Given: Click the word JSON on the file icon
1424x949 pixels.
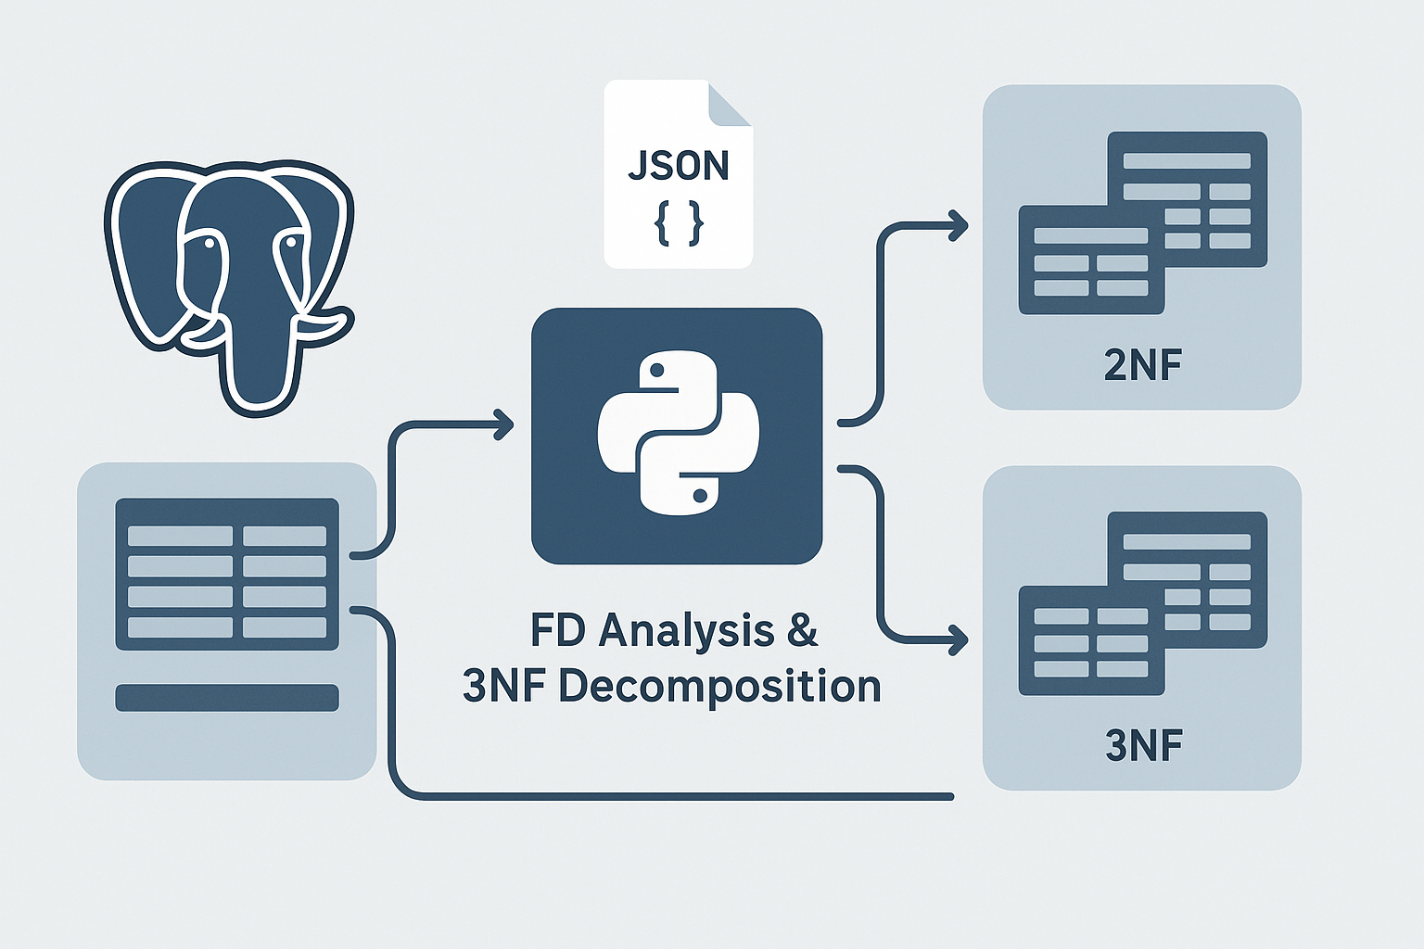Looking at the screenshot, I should point(678,166).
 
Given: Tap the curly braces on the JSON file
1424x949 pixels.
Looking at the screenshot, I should point(679,224).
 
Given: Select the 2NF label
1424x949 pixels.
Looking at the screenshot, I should point(1143,365).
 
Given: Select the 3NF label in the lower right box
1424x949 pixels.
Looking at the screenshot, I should point(1144,745).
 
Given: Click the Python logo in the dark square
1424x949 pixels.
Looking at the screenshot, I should point(678,432).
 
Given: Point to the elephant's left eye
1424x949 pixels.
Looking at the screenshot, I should point(210,244).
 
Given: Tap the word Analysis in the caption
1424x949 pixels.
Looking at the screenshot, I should point(686,630).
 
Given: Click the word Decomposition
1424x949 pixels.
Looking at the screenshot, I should point(719,687).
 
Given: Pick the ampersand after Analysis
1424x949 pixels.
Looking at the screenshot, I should point(803,630).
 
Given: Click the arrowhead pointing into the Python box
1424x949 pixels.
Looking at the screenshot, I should point(505,425).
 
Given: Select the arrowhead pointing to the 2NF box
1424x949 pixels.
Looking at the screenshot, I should point(959,225).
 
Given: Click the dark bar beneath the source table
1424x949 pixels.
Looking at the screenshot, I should point(227,698).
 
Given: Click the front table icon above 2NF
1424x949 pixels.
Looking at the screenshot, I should point(1091,259).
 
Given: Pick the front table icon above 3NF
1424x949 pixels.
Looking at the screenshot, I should point(1091,640).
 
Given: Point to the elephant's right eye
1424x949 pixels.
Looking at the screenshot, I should point(291,243).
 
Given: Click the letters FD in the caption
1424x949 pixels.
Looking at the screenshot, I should point(558,630).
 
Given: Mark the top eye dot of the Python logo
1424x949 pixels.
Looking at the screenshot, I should point(657,371).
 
